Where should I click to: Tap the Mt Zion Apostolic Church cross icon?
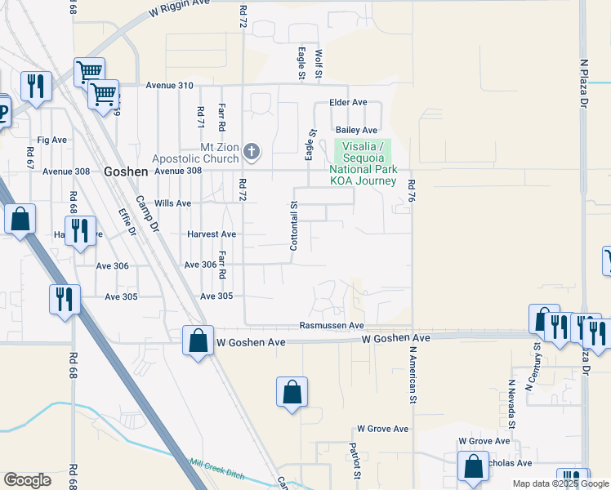[x=252, y=151]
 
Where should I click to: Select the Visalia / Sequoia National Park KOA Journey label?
[x=362, y=163]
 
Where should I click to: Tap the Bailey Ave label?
[x=357, y=130]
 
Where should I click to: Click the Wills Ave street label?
[x=172, y=203]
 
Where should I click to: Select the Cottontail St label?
[x=294, y=225]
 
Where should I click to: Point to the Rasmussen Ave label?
[x=332, y=325]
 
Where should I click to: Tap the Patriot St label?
[x=355, y=461]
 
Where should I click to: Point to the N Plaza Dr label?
[x=584, y=82]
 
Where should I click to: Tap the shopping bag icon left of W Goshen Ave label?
[x=198, y=341]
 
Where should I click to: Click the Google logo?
[x=27, y=480]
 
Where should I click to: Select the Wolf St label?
[x=319, y=65]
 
